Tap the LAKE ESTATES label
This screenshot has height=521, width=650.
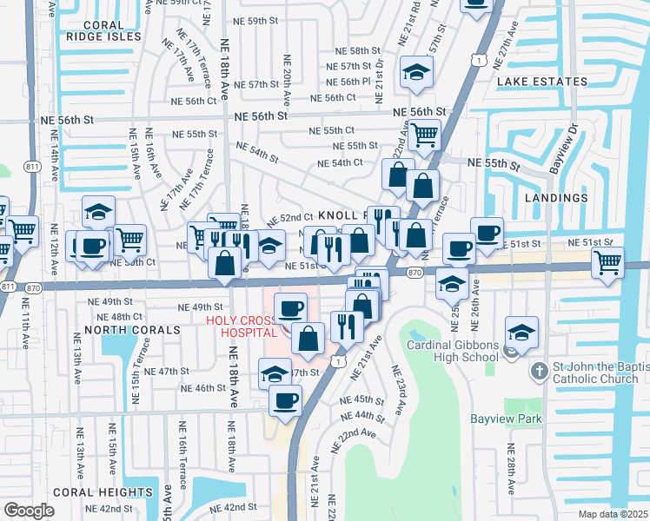[541, 82]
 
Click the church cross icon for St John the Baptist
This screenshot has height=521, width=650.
[540, 370]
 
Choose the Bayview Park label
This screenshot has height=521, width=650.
[506, 419]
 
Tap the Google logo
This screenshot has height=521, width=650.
[29, 511]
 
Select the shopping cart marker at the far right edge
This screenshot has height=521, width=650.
[607, 261]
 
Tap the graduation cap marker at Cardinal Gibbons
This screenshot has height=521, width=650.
[521, 332]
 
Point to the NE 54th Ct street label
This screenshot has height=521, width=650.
[339, 163]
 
